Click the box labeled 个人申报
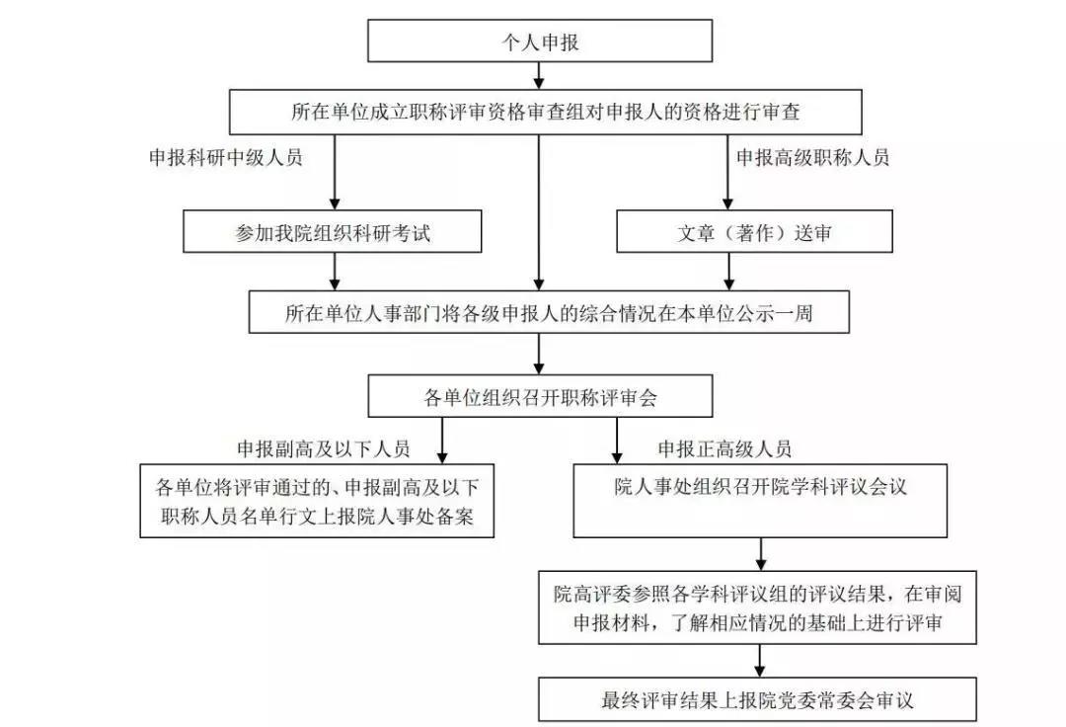tap(540, 40)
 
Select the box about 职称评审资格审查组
tap(545, 112)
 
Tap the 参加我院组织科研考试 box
tap(333, 231)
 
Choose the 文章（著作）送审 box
tap(754, 231)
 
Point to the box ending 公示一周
tap(549, 312)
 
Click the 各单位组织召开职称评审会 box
tap(540, 396)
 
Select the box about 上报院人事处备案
tap(317, 501)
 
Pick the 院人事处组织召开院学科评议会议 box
tap(760, 501)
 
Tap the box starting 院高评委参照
tap(757, 607)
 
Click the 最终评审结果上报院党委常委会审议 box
tap(757, 699)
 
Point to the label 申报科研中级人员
tap(226, 158)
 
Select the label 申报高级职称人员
tap(813, 158)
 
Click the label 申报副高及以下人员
tap(324, 448)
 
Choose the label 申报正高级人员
tap(724, 448)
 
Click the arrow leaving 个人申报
tap(539, 75)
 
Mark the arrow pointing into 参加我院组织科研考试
tap(334, 172)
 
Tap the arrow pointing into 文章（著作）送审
tap(727, 172)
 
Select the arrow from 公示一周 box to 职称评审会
tap(539, 354)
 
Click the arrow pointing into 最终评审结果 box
tap(760, 661)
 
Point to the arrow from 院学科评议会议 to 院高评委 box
tap(761, 554)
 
